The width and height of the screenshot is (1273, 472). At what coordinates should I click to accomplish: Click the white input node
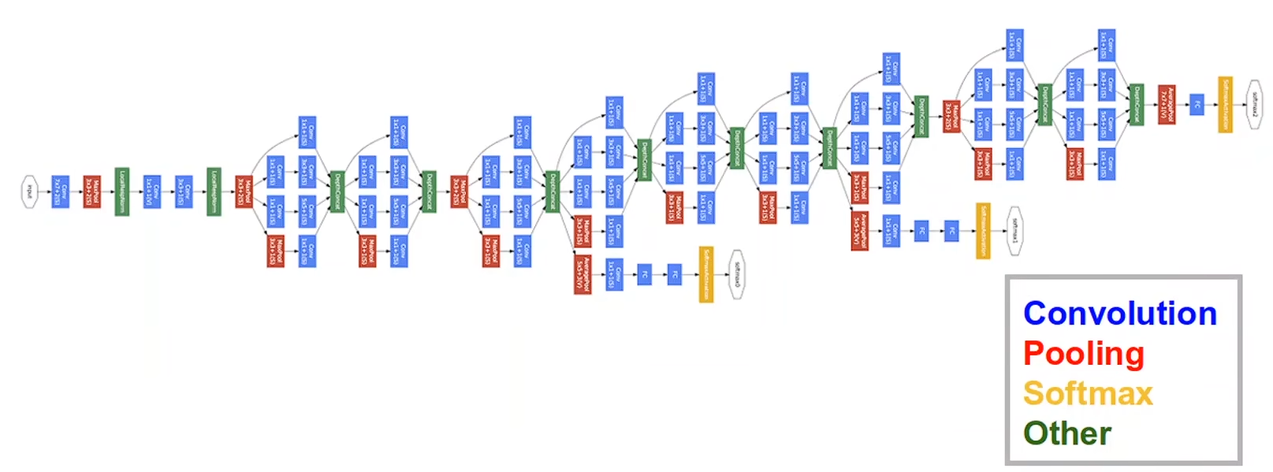29,191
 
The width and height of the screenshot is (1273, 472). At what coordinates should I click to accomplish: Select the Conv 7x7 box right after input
60,191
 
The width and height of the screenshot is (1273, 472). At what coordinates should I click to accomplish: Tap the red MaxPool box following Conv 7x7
91,191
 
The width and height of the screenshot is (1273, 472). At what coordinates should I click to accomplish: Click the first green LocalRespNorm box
121,191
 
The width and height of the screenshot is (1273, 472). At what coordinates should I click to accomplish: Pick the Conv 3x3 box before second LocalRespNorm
183,191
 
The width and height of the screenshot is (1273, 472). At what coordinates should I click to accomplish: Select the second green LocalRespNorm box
214,191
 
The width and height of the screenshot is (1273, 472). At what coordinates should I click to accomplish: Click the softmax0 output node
737,274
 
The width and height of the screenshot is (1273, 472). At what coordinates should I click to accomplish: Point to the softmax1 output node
1015,231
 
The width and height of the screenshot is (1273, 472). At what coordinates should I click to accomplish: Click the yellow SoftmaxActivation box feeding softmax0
706,274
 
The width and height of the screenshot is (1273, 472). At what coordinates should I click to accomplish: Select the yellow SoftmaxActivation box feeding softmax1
983,231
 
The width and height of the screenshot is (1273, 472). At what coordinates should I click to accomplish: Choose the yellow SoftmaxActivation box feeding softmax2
1225,104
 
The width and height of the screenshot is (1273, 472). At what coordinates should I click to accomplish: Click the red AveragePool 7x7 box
1167,104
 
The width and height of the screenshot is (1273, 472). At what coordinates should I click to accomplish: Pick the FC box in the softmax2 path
1197,104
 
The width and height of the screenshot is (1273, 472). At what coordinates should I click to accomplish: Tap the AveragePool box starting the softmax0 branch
583,274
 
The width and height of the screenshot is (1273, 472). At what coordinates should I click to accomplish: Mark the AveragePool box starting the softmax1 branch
859,231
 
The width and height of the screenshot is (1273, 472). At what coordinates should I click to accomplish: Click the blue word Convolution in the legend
1119,314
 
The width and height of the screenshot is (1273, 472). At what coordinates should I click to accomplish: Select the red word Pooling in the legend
1083,354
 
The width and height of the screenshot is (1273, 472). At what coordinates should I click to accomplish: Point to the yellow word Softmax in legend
1088,393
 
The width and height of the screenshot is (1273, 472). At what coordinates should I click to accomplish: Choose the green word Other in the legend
1066,433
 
